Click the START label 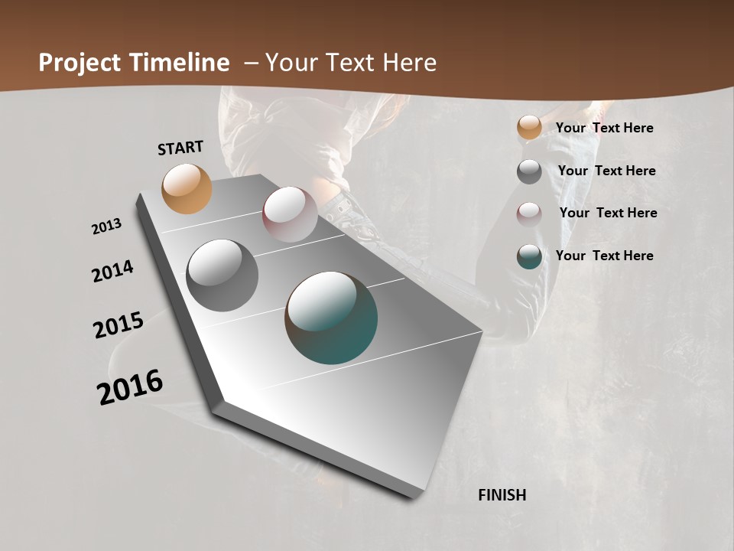click(x=180, y=148)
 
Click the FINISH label click(x=502, y=495)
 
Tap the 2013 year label click(x=107, y=227)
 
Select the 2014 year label click(x=112, y=271)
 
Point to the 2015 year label click(x=119, y=325)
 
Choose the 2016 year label click(x=130, y=386)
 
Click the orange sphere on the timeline click(x=187, y=188)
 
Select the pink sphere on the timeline click(x=290, y=214)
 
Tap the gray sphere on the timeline click(x=222, y=275)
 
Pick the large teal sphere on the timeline click(x=331, y=318)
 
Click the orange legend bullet click(x=529, y=128)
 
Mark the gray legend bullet click(x=529, y=171)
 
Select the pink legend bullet click(x=529, y=214)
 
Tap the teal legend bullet click(x=529, y=256)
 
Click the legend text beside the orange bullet click(x=604, y=128)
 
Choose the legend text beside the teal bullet click(x=604, y=256)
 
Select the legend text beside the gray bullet click(x=606, y=171)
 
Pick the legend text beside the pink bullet click(x=608, y=213)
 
